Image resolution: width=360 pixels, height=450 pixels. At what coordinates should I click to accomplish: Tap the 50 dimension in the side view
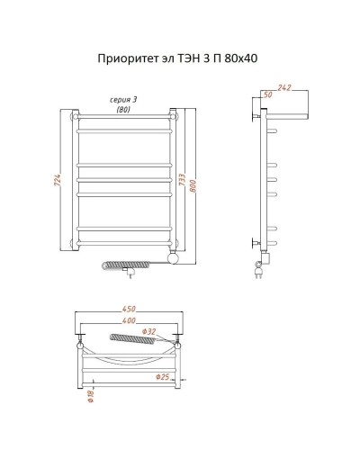[267, 94]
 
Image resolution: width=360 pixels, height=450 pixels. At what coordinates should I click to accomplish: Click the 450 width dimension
[131, 312]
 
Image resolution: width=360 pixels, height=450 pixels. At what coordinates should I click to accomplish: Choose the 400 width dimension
[131, 323]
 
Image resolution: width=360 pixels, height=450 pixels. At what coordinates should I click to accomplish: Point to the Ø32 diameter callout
[151, 333]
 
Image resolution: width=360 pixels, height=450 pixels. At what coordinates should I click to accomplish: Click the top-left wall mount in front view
[74, 116]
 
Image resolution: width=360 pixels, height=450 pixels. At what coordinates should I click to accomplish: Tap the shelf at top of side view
[286, 117]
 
